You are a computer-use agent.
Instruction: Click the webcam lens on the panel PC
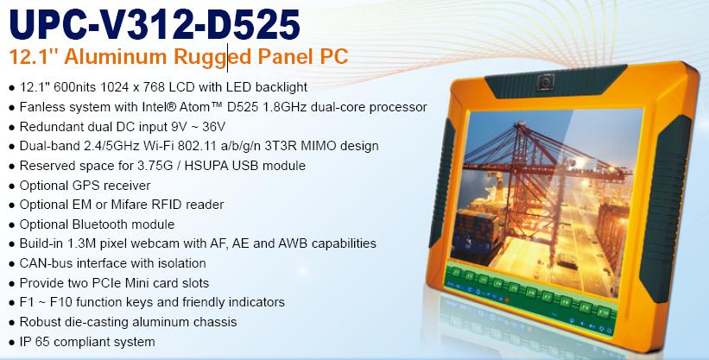(546, 82)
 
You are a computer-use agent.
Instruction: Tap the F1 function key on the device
(456, 272)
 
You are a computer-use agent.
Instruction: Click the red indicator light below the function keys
(507, 300)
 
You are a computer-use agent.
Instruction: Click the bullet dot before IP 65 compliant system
(12, 343)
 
